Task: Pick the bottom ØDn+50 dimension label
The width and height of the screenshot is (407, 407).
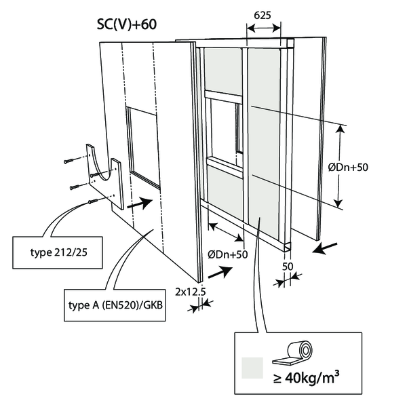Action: [x=225, y=254]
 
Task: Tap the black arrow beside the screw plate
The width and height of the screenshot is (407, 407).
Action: [x=138, y=202]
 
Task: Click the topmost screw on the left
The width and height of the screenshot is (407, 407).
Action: [x=72, y=160]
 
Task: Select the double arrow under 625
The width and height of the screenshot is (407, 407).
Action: [x=263, y=28]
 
